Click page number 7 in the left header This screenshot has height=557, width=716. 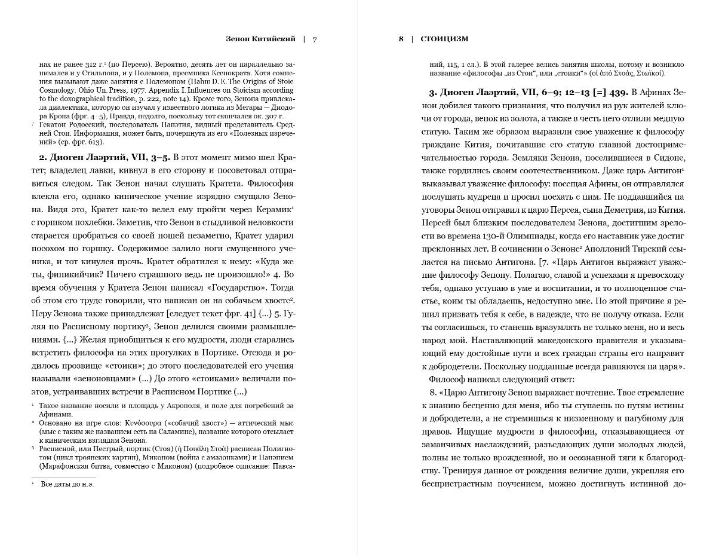click(315, 39)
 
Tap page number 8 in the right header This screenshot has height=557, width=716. click(401, 39)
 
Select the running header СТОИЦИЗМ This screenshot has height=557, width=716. click(445, 39)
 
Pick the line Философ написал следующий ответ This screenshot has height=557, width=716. click(502, 379)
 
